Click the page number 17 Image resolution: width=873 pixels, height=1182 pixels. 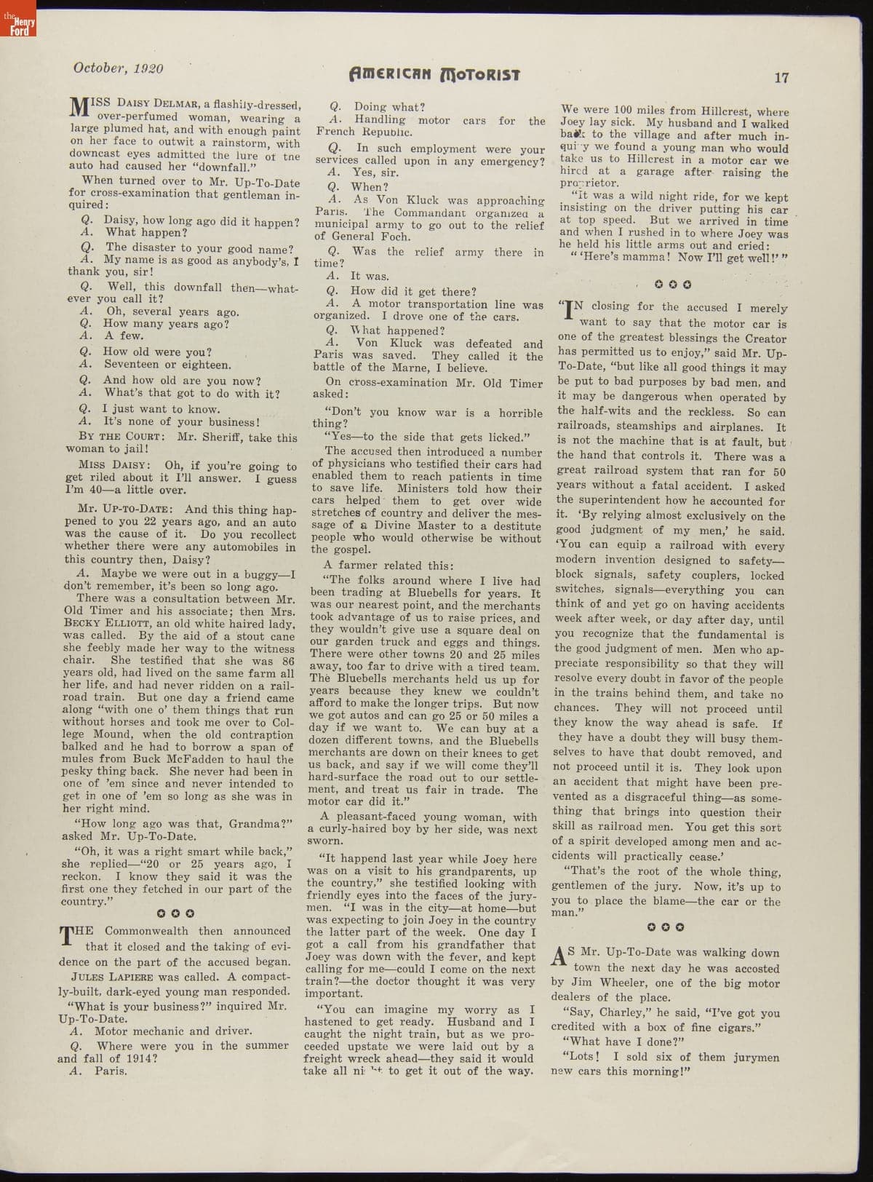click(x=781, y=78)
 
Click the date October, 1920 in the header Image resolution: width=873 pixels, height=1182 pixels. click(x=118, y=68)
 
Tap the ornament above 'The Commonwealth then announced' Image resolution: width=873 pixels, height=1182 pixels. click(x=175, y=913)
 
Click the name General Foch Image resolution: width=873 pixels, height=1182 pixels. click(x=355, y=236)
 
